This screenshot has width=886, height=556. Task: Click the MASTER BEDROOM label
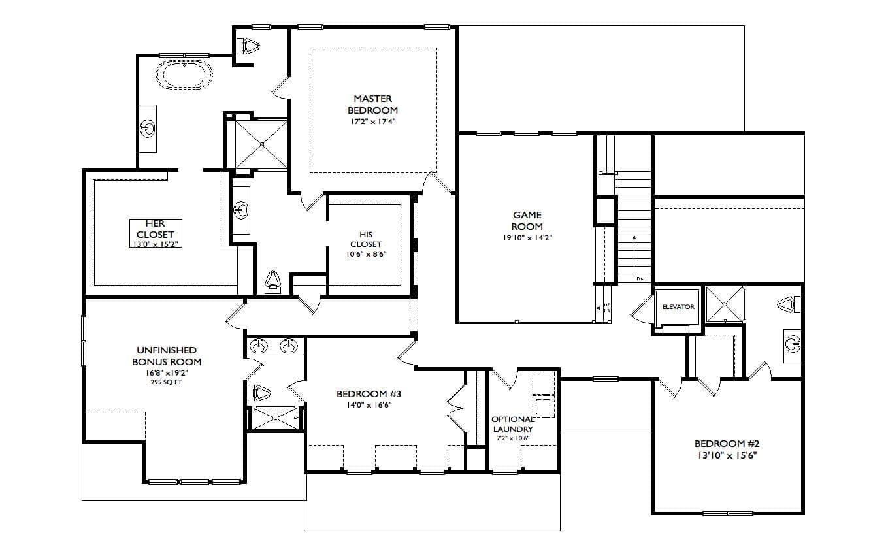(372, 105)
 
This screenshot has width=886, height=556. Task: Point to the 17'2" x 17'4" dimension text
(372, 122)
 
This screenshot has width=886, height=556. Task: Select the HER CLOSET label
(155, 229)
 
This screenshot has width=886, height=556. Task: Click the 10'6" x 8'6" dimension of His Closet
(366, 254)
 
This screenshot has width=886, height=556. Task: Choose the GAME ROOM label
(527, 220)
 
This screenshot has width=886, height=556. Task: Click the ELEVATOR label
(678, 306)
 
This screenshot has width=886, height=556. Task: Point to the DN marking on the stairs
(640, 279)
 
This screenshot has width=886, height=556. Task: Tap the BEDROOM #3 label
(369, 394)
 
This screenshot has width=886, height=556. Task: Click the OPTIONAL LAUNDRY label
(513, 424)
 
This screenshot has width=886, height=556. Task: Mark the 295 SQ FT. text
(167, 382)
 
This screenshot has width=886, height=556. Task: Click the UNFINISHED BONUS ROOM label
(167, 356)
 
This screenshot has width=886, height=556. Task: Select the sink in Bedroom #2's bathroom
(793, 343)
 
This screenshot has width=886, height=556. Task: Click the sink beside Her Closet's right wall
(241, 210)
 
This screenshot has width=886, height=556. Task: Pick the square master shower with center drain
(261, 143)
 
